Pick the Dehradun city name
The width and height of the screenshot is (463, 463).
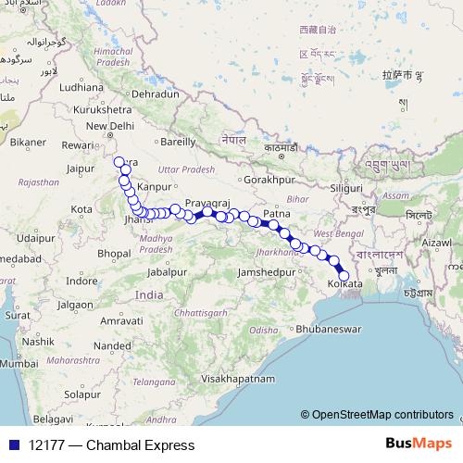pyautogui.click(x=155, y=94)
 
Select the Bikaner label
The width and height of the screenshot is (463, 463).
pyautogui.click(x=28, y=143)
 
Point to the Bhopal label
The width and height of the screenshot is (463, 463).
pyautogui.click(x=112, y=251)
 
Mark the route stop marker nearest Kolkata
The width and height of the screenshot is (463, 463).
pyautogui.click(x=344, y=275)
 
